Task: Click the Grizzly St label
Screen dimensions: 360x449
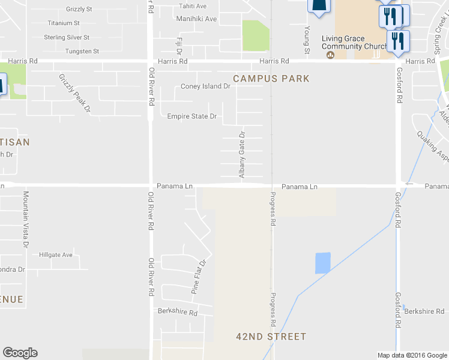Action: coord(79,10)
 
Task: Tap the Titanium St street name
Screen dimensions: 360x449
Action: coord(64,23)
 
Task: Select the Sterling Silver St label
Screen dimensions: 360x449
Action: coord(67,37)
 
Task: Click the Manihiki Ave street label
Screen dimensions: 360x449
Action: coord(196,19)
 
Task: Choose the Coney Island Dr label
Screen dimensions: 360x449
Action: coord(205,86)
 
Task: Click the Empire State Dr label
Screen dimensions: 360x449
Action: coord(191,116)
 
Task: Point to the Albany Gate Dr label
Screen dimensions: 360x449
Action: coord(243,155)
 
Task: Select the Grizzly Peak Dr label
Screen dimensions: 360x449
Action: coord(74,94)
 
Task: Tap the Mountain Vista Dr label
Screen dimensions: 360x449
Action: coord(25,220)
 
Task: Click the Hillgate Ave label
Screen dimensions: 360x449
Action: coord(56,255)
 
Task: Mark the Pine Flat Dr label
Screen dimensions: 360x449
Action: coord(199,277)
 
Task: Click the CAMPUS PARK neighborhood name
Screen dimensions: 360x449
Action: coord(271,79)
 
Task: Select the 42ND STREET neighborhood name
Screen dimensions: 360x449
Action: coord(271,337)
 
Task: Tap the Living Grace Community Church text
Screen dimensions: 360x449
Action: coord(355,43)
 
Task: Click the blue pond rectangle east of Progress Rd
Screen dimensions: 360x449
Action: coord(323,263)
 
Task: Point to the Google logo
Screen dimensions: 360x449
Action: coord(20,353)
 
